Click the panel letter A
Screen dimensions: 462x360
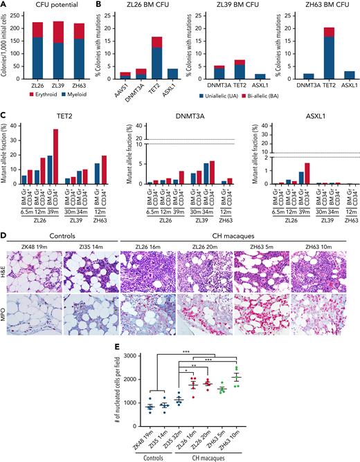[5, 6]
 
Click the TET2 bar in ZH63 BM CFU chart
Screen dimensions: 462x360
[319, 55]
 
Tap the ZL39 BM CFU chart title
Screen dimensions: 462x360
[230, 7]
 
